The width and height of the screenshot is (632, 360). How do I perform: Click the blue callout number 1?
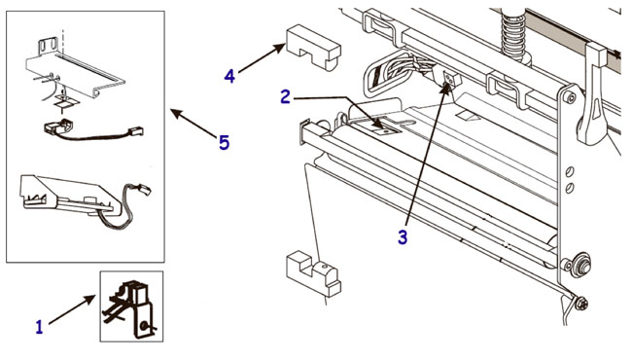(x=39, y=327)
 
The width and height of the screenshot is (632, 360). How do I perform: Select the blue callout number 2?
(x=285, y=96)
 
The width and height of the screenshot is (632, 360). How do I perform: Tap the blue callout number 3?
(x=403, y=237)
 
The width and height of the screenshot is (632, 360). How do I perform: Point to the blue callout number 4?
(x=229, y=76)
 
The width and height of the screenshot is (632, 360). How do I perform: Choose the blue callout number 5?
(x=224, y=143)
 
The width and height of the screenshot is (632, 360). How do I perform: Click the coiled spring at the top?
(x=514, y=34)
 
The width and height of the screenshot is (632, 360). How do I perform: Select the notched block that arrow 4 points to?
(x=314, y=47)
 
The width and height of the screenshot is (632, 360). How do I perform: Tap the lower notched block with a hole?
(x=314, y=273)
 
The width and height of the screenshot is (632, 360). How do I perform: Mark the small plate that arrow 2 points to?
(x=386, y=127)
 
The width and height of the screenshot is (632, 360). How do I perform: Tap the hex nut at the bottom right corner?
(x=581, y=304)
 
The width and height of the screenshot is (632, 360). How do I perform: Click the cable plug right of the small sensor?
(x=135, y=131)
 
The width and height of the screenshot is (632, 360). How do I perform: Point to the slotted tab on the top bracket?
(x=48, y=46)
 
